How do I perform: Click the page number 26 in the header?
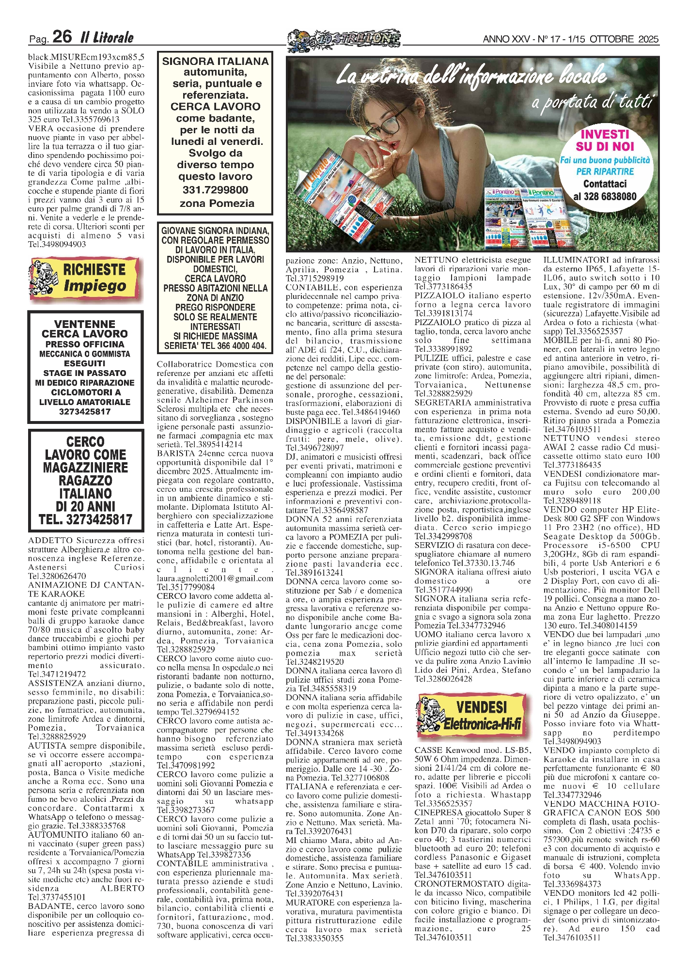[62, 36]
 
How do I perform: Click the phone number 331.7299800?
[215, 190]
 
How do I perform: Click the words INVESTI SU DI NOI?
[605, 141]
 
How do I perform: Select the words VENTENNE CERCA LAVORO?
[85, 329]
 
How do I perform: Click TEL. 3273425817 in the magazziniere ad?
[85, 520]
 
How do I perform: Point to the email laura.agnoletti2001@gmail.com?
[215, 578]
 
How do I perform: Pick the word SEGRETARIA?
[442, 403]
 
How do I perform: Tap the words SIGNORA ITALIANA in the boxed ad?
[215, 62]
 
